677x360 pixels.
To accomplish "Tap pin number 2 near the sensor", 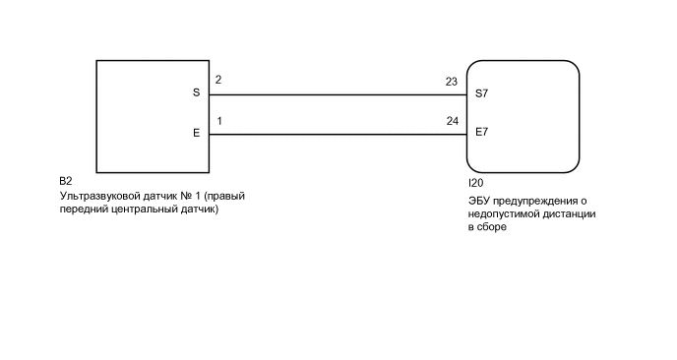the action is [217, 80].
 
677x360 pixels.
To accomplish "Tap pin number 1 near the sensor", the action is [217, 120].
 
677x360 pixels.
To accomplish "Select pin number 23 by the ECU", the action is [451, 82].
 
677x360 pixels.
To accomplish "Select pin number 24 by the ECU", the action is [451, 121].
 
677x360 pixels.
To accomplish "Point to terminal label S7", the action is [481, 94].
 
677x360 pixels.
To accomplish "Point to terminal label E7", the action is [481, 131].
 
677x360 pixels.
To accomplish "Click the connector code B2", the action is [66, 182].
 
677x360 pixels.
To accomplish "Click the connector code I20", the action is [475, 183].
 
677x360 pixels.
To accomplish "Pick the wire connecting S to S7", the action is [335, 95].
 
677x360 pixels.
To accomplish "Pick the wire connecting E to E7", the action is [335, 135].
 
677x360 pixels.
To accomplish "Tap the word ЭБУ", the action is [479, 201].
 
